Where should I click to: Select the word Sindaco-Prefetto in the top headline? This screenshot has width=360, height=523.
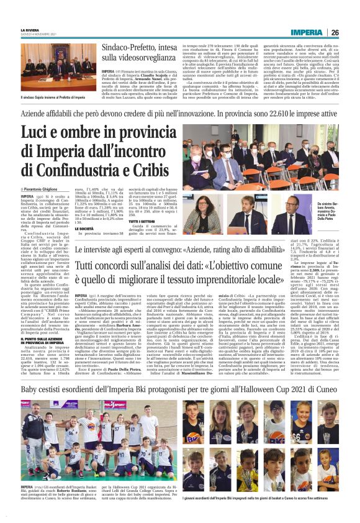point(132,48)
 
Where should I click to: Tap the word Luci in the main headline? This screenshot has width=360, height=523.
point(38,134)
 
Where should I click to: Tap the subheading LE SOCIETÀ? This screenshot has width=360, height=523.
point(86,229)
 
